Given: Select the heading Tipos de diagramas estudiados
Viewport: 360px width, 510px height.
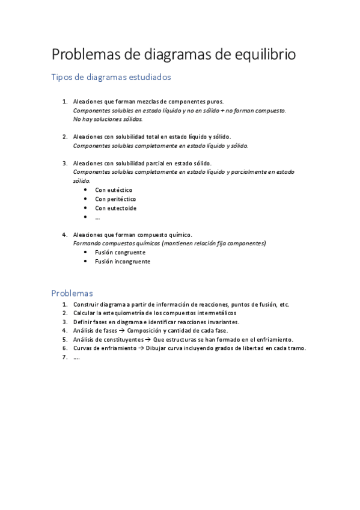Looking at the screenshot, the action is [x=111, y=78].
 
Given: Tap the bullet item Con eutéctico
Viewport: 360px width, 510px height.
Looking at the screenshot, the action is [x=114, y=190].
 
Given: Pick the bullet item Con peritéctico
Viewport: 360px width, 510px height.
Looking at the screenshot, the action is [x=115, y=199].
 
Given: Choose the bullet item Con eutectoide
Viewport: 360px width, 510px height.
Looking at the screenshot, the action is [x=115, y=208].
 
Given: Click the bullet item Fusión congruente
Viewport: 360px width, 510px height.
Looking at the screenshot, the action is [x=120, y=253].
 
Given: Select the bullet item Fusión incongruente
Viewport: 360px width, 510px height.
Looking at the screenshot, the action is [x=123, y=262].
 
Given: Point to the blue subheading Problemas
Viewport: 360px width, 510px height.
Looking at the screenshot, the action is [x=72, y=293].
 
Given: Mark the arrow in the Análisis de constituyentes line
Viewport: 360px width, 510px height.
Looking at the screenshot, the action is [x=148, y=339].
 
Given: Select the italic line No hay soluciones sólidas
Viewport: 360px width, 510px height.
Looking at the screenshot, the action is [x=108, y=119].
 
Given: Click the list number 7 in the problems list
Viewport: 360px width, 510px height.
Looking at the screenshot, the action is [x=64, y=357].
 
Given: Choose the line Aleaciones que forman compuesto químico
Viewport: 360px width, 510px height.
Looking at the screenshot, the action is [x=132, y=235].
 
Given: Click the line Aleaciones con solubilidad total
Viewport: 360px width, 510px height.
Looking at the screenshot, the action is [x=151, y=137].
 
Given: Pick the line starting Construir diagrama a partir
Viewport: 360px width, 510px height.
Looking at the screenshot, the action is [x=180, y=304].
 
